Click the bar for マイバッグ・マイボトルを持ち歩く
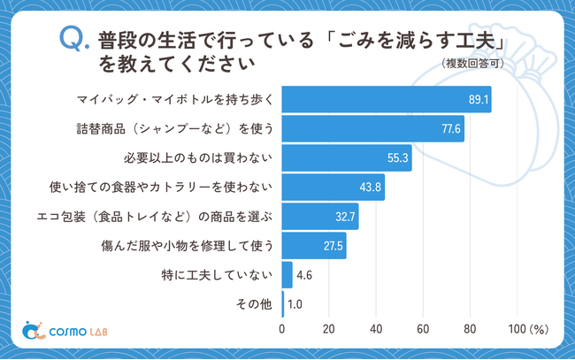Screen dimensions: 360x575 click(386, 100)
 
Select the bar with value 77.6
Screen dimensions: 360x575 click(372, 129)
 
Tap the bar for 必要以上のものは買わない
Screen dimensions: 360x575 click(347, 158)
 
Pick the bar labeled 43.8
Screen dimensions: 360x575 click(333, 188)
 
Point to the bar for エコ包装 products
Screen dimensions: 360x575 click(320, 217)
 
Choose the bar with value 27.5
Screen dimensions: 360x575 click(314, 246)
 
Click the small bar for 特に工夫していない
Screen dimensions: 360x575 click(287, 275)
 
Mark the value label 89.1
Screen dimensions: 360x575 click(479, 100)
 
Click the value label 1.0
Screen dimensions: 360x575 click(297, 304)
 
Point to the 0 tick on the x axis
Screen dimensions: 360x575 click(282, 330)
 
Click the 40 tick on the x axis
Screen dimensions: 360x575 click(376, 330)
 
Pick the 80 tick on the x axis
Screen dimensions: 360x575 click(470, 330)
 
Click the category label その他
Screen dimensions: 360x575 click(252, 304)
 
